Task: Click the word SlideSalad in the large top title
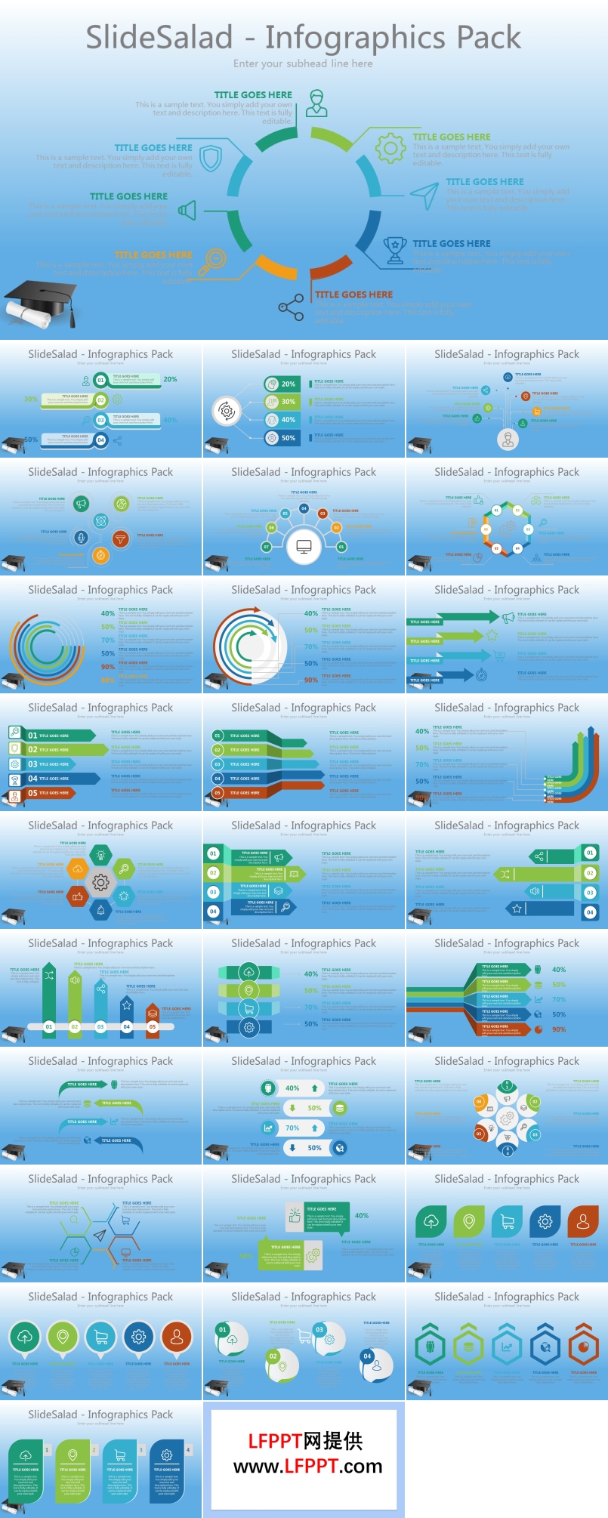click(159, 38)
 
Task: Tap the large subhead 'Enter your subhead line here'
click(303, 64)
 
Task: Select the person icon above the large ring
click(316, 103)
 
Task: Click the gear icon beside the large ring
click(390, 148)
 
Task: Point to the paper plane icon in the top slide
click(424, 195)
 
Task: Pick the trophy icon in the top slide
click(394, 250)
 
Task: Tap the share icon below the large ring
click(291, 307)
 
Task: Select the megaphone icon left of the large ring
click(187, 210)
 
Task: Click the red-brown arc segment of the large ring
click(330, 267)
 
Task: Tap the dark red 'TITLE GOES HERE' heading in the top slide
click(353, 295)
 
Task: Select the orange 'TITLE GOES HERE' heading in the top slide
click(153, 255)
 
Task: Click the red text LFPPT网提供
click(305, 1441)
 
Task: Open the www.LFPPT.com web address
click(307, 1467)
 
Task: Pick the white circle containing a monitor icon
click(304, 546)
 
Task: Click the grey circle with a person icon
click(508, 439)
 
